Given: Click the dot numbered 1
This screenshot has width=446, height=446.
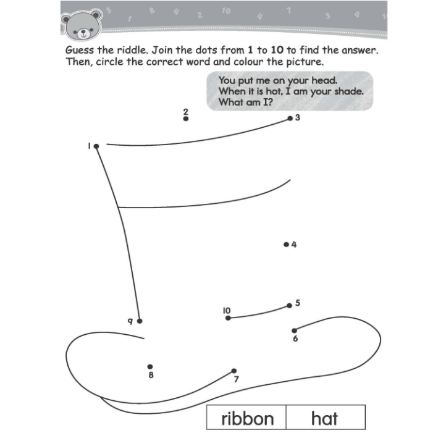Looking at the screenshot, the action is pos(96,146).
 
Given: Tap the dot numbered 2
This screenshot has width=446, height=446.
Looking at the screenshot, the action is pos(186,119).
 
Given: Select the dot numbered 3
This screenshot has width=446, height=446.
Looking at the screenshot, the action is pos(290,119).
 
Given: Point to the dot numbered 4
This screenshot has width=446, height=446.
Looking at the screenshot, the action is pos(287,245).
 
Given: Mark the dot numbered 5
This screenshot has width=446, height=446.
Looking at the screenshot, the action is pos(289,306).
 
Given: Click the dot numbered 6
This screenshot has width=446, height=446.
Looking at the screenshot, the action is pos(295,330).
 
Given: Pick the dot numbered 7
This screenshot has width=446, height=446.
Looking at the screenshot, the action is pos(234,371).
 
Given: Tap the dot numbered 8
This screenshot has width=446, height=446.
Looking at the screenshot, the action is pos(150,367).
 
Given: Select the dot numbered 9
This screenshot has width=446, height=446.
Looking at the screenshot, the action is pos(140,321).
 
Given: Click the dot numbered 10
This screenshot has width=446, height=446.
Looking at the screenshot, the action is pos(228,318).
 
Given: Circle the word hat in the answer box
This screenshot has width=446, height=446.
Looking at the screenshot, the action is pos(324,418).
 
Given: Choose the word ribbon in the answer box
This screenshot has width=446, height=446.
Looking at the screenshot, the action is pos(248,419).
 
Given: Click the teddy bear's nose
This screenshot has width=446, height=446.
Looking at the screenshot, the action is pos(83,32).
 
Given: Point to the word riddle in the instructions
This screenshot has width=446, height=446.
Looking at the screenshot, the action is pos(133,50).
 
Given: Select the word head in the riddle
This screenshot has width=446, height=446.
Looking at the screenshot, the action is pos(324,80).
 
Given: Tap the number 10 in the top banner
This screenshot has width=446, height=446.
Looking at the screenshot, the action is pos(226,11).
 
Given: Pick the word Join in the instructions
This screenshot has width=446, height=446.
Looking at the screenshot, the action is pos(162,50).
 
